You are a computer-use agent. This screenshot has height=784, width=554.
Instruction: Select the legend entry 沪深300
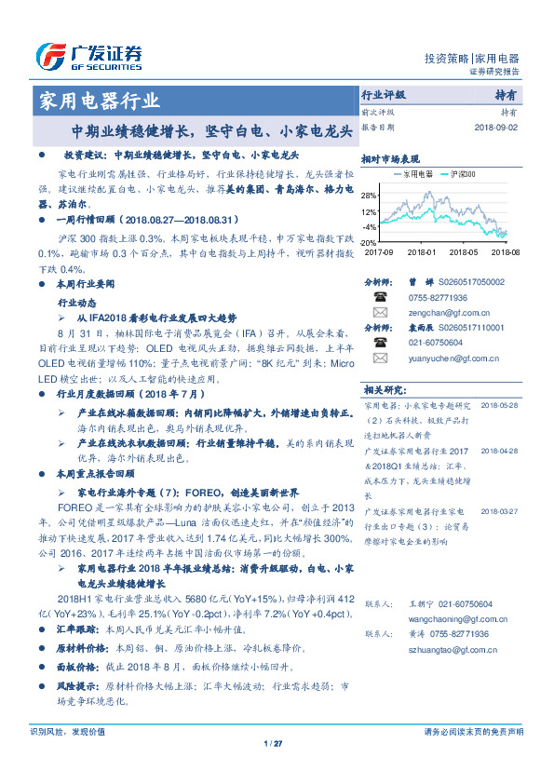462,174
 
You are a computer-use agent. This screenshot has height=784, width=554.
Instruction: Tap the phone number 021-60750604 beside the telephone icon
431,343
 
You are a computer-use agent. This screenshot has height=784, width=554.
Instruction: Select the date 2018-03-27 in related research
499,511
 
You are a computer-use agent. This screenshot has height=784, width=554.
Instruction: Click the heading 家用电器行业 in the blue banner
96,101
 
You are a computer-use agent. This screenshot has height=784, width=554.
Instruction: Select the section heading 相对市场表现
390,159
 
